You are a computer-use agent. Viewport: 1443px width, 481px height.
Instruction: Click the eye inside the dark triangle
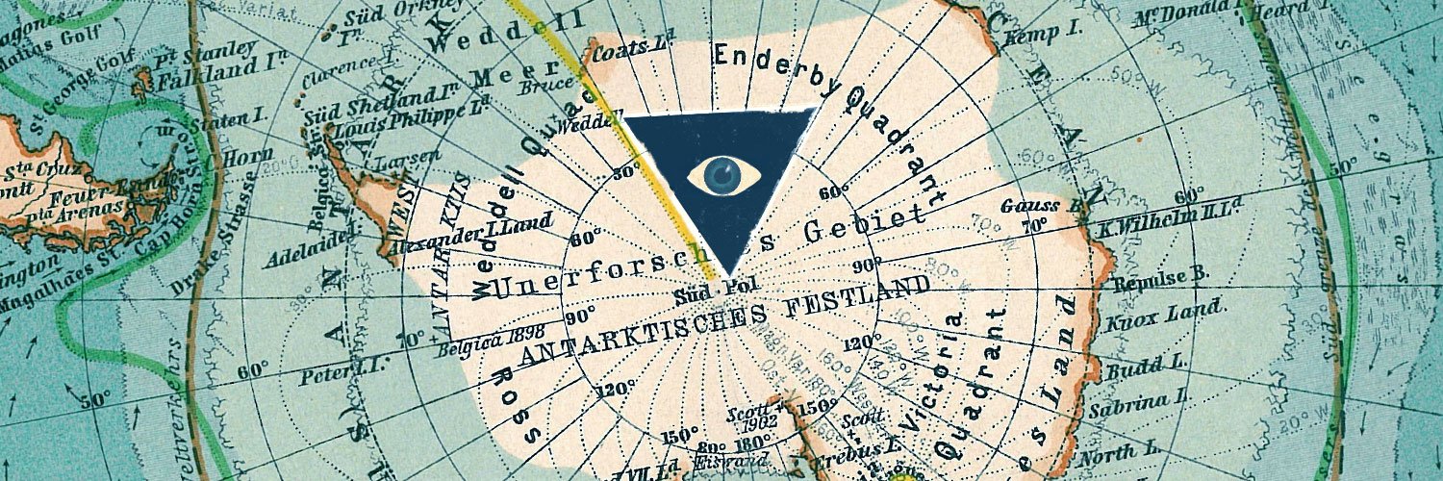click(724, 175)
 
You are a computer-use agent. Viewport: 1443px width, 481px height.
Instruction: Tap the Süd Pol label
click(707, 290)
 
